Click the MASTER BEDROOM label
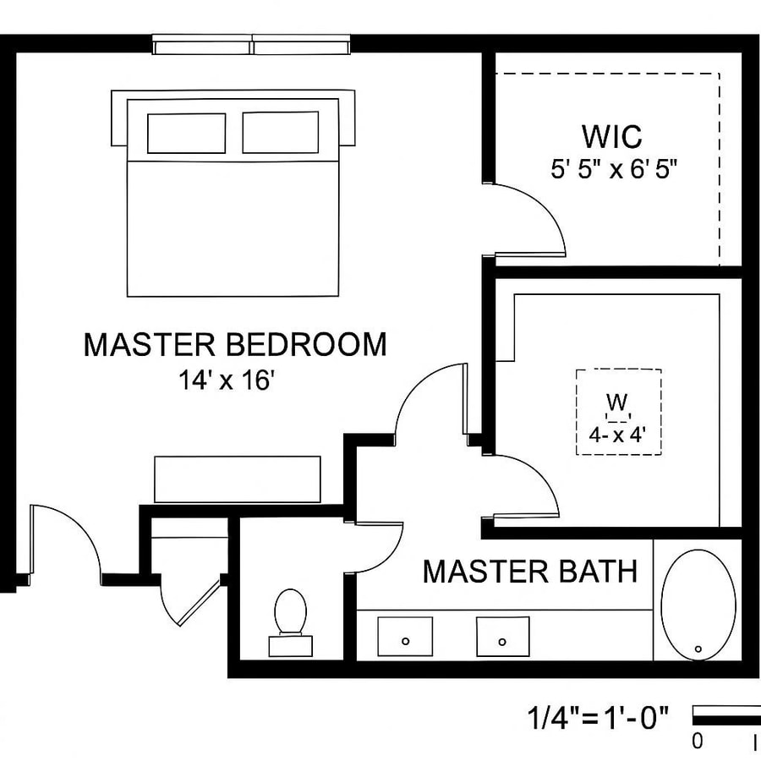coord(235,345)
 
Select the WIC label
coord(611,136)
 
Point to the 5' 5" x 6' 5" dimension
coord(615,168)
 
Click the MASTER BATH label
coord(530,572)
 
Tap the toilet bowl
coord(290,610)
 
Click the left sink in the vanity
coord(405,636)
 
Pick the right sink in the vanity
coord(502,636)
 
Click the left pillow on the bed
coord(186,133)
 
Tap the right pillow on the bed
coord(281,133)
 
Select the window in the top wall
coord(252,45)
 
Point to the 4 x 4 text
coord(617,437)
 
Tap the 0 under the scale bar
coord(698,742)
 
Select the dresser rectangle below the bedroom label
coord(238,479)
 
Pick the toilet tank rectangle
coord(290,646)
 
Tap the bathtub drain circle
coord(698,649)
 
